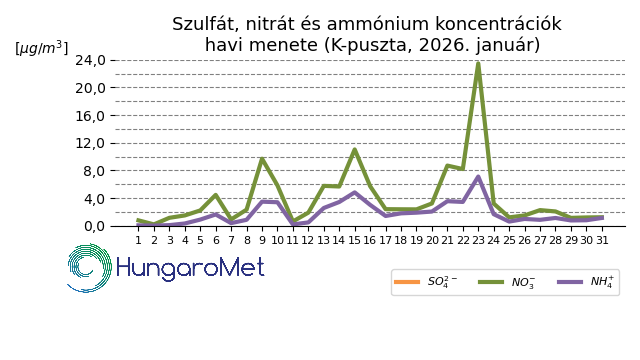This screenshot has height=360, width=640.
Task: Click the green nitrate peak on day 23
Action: click(x=478, y=63)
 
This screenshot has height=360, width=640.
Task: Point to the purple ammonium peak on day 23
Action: click(x=478, y=177)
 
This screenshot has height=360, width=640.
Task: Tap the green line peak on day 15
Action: click(x=355, y=150)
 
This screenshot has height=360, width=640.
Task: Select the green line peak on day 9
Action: click(x=262, y=159)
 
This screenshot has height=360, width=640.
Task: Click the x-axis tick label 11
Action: click(x=293, y=240)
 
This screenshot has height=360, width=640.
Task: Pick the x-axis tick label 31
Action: click(x=602, y=240)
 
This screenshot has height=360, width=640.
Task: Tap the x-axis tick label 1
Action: click(x=138, y=240)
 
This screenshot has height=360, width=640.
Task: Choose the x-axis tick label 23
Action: click(x=478, y=240)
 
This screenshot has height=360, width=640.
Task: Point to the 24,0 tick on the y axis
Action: click(x=90, y=60)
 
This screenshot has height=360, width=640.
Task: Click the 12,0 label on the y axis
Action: click(x=90, y=143)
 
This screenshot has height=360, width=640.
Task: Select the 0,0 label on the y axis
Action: click(x=95, y=226)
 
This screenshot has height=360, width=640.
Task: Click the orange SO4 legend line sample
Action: click(x=407, y=282)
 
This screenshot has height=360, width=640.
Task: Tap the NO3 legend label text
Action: click(x=523, y=282)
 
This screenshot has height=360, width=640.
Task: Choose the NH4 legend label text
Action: click(x=602, y=282)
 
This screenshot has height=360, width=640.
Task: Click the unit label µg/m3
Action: click(x=42, y=48)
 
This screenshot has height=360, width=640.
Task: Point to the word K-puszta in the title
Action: click(x=371, y=45)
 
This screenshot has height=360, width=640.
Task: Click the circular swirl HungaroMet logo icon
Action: click(x=89, y=268)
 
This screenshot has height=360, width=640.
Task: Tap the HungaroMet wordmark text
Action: click(x=190, y=268)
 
